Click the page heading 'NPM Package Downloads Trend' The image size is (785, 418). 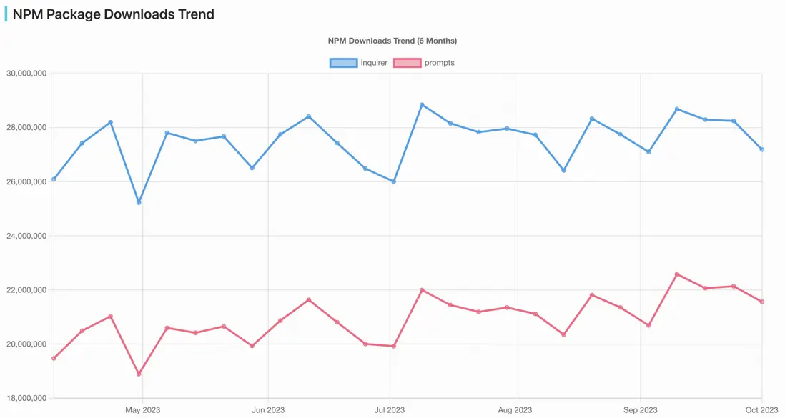(x=113, y=14)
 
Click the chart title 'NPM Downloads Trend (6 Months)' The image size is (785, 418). (x=392, y=41)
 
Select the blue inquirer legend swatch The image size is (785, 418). (x=343, y=63)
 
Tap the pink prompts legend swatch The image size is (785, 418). (x=407, y=63)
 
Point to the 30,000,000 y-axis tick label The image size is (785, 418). (x=26, y=74)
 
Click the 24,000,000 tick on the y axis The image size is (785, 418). (x=26, y=236)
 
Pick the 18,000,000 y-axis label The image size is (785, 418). (x=26, y=398)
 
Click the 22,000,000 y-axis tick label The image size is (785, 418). (x=26, y=290)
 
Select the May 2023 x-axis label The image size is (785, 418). (x=142, y=410)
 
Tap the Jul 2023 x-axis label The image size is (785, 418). (x=390, y=410)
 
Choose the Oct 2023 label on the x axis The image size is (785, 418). (x=761, y=410)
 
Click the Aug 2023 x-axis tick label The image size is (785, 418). (x=515, y=410)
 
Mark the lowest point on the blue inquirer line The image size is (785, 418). (x=139, y=202)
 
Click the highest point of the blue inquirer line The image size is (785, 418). (x=422, y=105)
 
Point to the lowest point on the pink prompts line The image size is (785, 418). (x=139, y=374)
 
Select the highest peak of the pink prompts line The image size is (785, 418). (x=677, y=274)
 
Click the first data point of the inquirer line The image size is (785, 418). (x=54, y=179)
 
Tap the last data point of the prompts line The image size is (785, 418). (x=762, y=302)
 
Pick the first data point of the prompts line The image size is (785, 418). (x=54, y=358)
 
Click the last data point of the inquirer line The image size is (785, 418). (x=762, y=149)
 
